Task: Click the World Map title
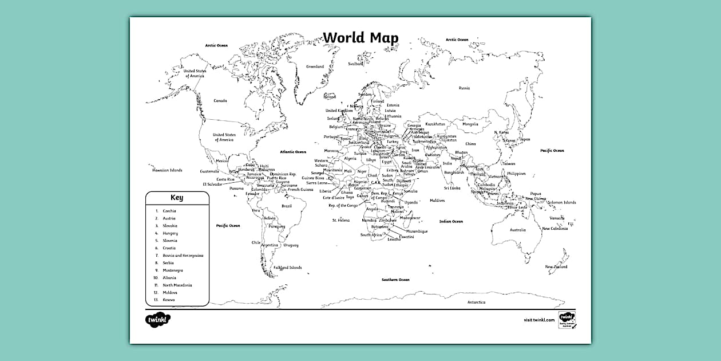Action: pyautogui.click(x=361, y=38)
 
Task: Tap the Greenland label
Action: pyautogui.click(x=315, y=66)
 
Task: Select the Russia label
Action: pyautogui.click(x=464, y=88)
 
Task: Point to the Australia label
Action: pyautogui.click(x=517, y=230)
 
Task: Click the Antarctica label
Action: pyautogui.click(x=476, y=302)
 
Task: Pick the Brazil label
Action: pyautogui.click(x=287, y=206)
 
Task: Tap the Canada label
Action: pyautogui.click(x=220, y=101)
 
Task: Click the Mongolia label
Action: pyautogui.click(x=470, y=124)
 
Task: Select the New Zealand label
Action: pyautogui.click(x=556, y=266)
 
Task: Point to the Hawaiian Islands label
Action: pyautogui.click(x=167, y=170)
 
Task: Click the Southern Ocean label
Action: pyautogui.click(x=395, y=280)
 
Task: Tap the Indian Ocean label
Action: pyautogui.click(x=451, y=221)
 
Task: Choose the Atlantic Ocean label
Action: pyautogui.click(x=293, y=152)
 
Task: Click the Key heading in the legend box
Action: pyautogui.click(x=177, y=198)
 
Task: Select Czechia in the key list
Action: pyautogui.click(x=169, y=211)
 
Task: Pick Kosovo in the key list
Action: pyautogui.click(x=169, y=300)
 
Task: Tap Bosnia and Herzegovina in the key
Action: pyautogui.click(x=183, y=256)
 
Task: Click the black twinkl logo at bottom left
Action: pyautogui.click(x=159, y=319)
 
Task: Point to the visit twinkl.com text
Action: pyautogui.click(x=539, y=320)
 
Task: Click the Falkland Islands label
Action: pyautogui.click(x=287, y=268)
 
